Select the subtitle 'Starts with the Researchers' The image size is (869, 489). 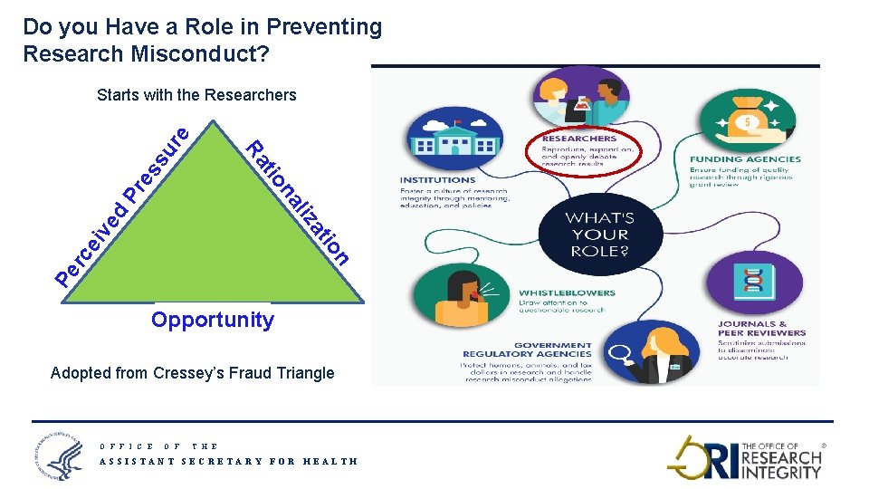pos(196,95)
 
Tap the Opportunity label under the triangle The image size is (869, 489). pos(213,320)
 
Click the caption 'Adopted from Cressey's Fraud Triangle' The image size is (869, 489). pos(193,373)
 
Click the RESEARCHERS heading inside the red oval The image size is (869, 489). pos(578,139)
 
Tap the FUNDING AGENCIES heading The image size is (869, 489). pos(745,159)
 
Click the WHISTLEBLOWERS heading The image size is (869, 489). pos(567,293)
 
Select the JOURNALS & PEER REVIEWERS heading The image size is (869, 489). pos(752,329)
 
